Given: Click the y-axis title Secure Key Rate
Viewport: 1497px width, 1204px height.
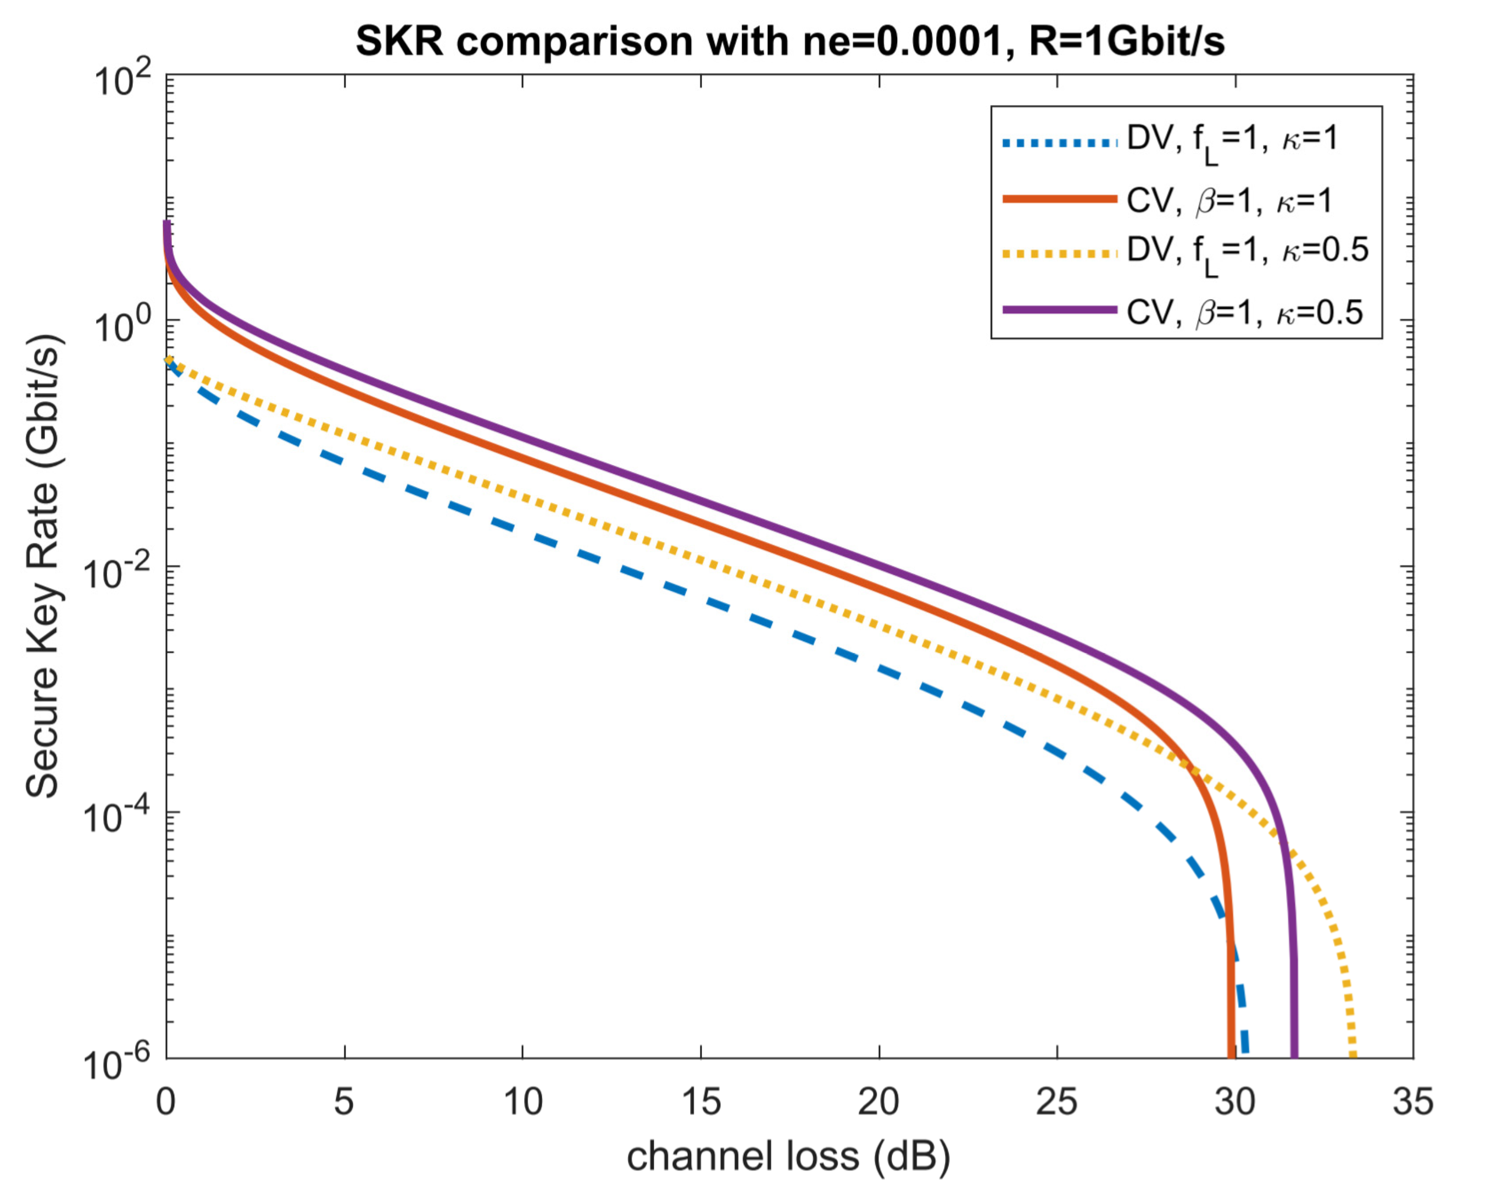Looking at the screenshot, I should pyautogui.click(x=43, y=566).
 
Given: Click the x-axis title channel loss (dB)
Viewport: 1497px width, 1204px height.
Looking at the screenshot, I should pyautogui.click(x=788, y=1156).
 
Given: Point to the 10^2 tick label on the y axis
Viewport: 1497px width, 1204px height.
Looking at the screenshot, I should pyautogui.click(x=124, y=82).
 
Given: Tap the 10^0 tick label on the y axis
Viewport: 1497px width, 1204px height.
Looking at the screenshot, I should pyautogui.click(x=124, y=326).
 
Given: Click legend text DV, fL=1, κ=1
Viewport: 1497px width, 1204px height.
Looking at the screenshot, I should pyautogui.click(x=1231, y=142).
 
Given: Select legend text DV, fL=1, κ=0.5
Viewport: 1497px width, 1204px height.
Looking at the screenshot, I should pyautogui.click(x=1246, y=253).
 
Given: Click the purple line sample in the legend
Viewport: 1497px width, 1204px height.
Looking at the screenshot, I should pyautogui.click(x=1060, y=310).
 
